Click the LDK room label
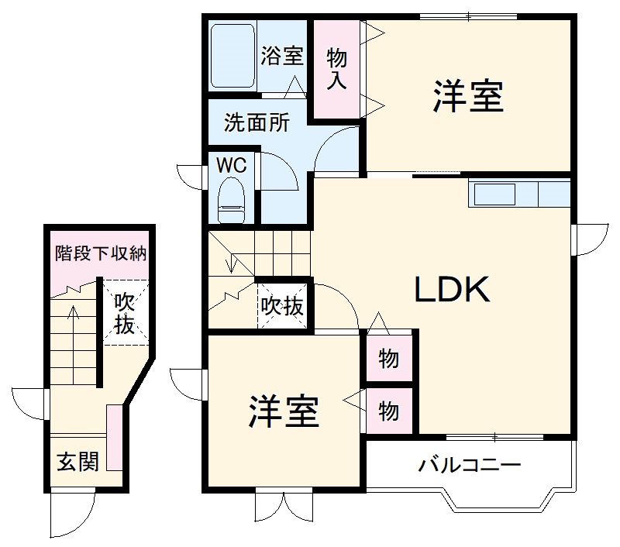(453, 291)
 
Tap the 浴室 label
(281, 56)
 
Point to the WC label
(231, 165)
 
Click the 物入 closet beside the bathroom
(336, 69)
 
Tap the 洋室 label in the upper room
(468, 98)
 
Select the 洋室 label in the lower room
(284, 411)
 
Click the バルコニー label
(470, 466)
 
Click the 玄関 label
(77, 463)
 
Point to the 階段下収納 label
(101, 253)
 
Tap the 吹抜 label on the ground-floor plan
(124, 312)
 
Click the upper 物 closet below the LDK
(389, 359)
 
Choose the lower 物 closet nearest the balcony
(389, 411)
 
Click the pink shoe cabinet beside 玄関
(114, 438)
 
